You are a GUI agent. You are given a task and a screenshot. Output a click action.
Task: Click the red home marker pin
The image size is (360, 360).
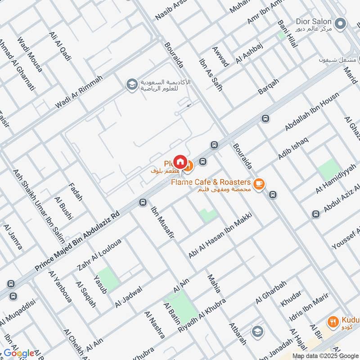(x=180, y=162)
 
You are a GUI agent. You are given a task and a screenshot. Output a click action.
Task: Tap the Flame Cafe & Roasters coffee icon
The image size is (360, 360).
(x=258, y=184)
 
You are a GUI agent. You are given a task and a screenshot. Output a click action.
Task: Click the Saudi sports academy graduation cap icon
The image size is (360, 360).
(x=131, y=85)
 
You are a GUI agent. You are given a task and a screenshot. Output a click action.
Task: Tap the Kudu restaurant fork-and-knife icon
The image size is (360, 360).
(x=333, y=322)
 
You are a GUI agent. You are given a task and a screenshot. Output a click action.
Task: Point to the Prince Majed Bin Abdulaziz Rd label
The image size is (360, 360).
(x=77, y=241)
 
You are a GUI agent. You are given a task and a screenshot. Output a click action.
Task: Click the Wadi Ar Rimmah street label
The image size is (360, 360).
(x=79, y=91)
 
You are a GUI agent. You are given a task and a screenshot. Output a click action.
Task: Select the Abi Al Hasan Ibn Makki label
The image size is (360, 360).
(x=220, y=235)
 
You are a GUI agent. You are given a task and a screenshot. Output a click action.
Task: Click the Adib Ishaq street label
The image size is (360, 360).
(x=293, y=147)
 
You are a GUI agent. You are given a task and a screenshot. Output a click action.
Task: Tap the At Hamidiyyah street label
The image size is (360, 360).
(x=335, y=179)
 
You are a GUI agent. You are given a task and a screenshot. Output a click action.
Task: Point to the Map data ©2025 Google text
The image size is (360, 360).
(x=325, y=355)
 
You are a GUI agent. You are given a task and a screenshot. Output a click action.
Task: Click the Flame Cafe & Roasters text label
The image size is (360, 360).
(x=211, y=182)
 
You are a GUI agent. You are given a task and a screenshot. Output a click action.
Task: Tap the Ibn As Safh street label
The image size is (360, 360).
(x=211, y=75)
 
